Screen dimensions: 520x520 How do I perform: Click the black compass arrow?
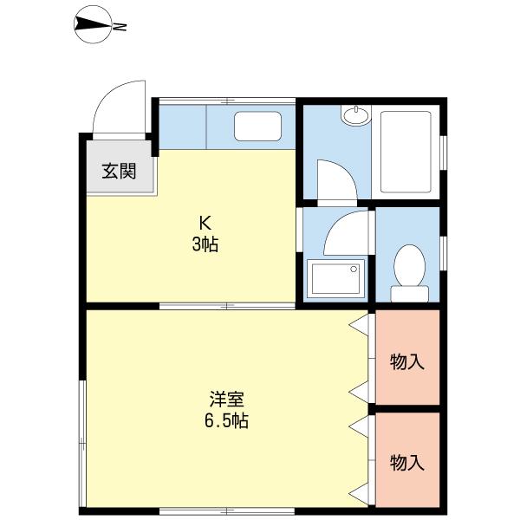(x=93, y=26)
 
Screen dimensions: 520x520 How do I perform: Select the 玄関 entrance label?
(x=120, y=171)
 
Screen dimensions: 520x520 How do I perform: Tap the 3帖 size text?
(x=205, y=245)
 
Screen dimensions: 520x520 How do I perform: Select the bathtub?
(x=406, y=153)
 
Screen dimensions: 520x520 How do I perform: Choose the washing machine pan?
(x=335, y=278)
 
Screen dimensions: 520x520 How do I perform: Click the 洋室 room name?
(x=226, y=400)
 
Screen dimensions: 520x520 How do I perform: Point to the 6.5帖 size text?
(x=226, y=422)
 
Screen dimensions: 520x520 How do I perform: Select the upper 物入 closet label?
(x=407, y=361)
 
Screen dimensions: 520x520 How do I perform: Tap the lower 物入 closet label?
(x=407, y=462)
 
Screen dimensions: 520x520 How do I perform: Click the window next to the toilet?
(x=443, y=250)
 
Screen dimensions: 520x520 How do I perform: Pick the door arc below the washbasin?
(x=334, y=179)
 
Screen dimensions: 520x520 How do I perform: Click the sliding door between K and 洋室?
(x=227, y=306)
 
